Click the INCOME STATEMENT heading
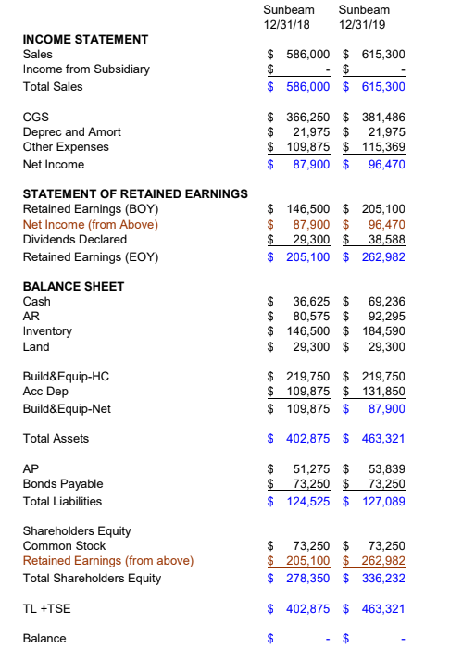[84, 39]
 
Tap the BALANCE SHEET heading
[73, 286]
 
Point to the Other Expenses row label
[65, 147]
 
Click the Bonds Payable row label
[62, 484]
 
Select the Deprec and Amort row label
[71, 132]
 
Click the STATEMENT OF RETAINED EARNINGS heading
[134, 193]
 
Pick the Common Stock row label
[64, 546]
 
